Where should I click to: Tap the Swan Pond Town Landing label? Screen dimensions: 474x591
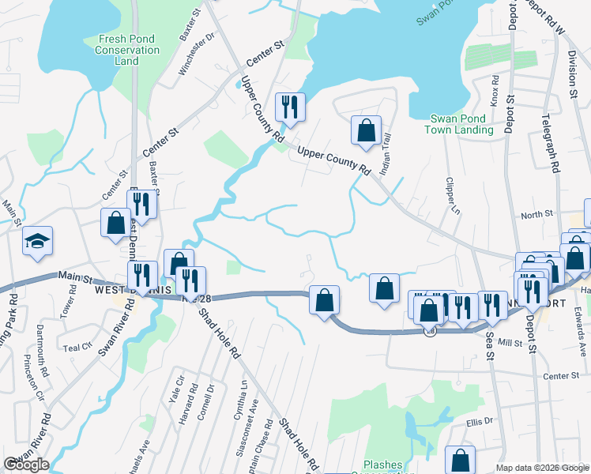coord(461,124)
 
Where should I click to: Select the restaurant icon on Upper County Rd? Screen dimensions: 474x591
coord(289,107)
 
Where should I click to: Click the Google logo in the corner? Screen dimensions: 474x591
coord(26,465)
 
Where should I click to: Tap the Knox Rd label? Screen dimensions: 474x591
coord(495,91)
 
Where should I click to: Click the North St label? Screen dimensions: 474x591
coord(536,215)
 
